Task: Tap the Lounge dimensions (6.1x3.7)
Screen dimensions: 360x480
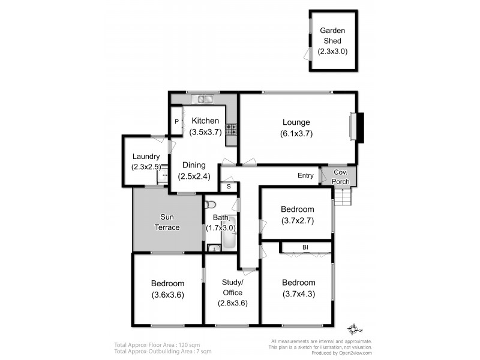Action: (297, 134)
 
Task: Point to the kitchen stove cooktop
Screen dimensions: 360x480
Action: (231, 128)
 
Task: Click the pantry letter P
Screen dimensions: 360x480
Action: (176, 121)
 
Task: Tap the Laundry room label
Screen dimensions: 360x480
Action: (146, 157)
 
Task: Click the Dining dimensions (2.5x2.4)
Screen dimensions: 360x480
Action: (194, 176)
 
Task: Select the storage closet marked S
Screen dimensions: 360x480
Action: (229, 187)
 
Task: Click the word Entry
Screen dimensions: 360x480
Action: (305, 175)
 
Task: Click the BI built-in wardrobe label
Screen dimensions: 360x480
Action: (305, 247)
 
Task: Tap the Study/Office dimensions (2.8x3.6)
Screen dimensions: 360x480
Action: (232, 302)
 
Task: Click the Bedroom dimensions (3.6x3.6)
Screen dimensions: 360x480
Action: (167, 294)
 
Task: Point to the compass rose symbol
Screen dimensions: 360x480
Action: (355, 329)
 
